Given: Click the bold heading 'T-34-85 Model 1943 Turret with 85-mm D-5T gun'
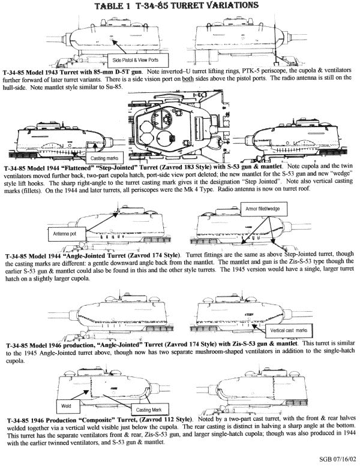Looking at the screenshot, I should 71,71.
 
